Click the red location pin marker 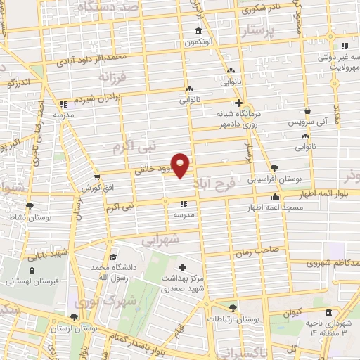click(x=181, y=165)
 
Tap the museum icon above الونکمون click(x=198, y=31)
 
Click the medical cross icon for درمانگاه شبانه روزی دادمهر click(x=239, y=103)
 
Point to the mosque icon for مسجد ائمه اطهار click(x=274, y=198)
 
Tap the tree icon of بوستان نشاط click(x=29, y=206)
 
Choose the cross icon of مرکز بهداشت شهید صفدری click(x=183, y=267)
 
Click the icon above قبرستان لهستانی click(x=32, y=270)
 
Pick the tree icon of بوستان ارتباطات click(x=233, y=308)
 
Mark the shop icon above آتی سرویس click(x=308, y=110)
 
